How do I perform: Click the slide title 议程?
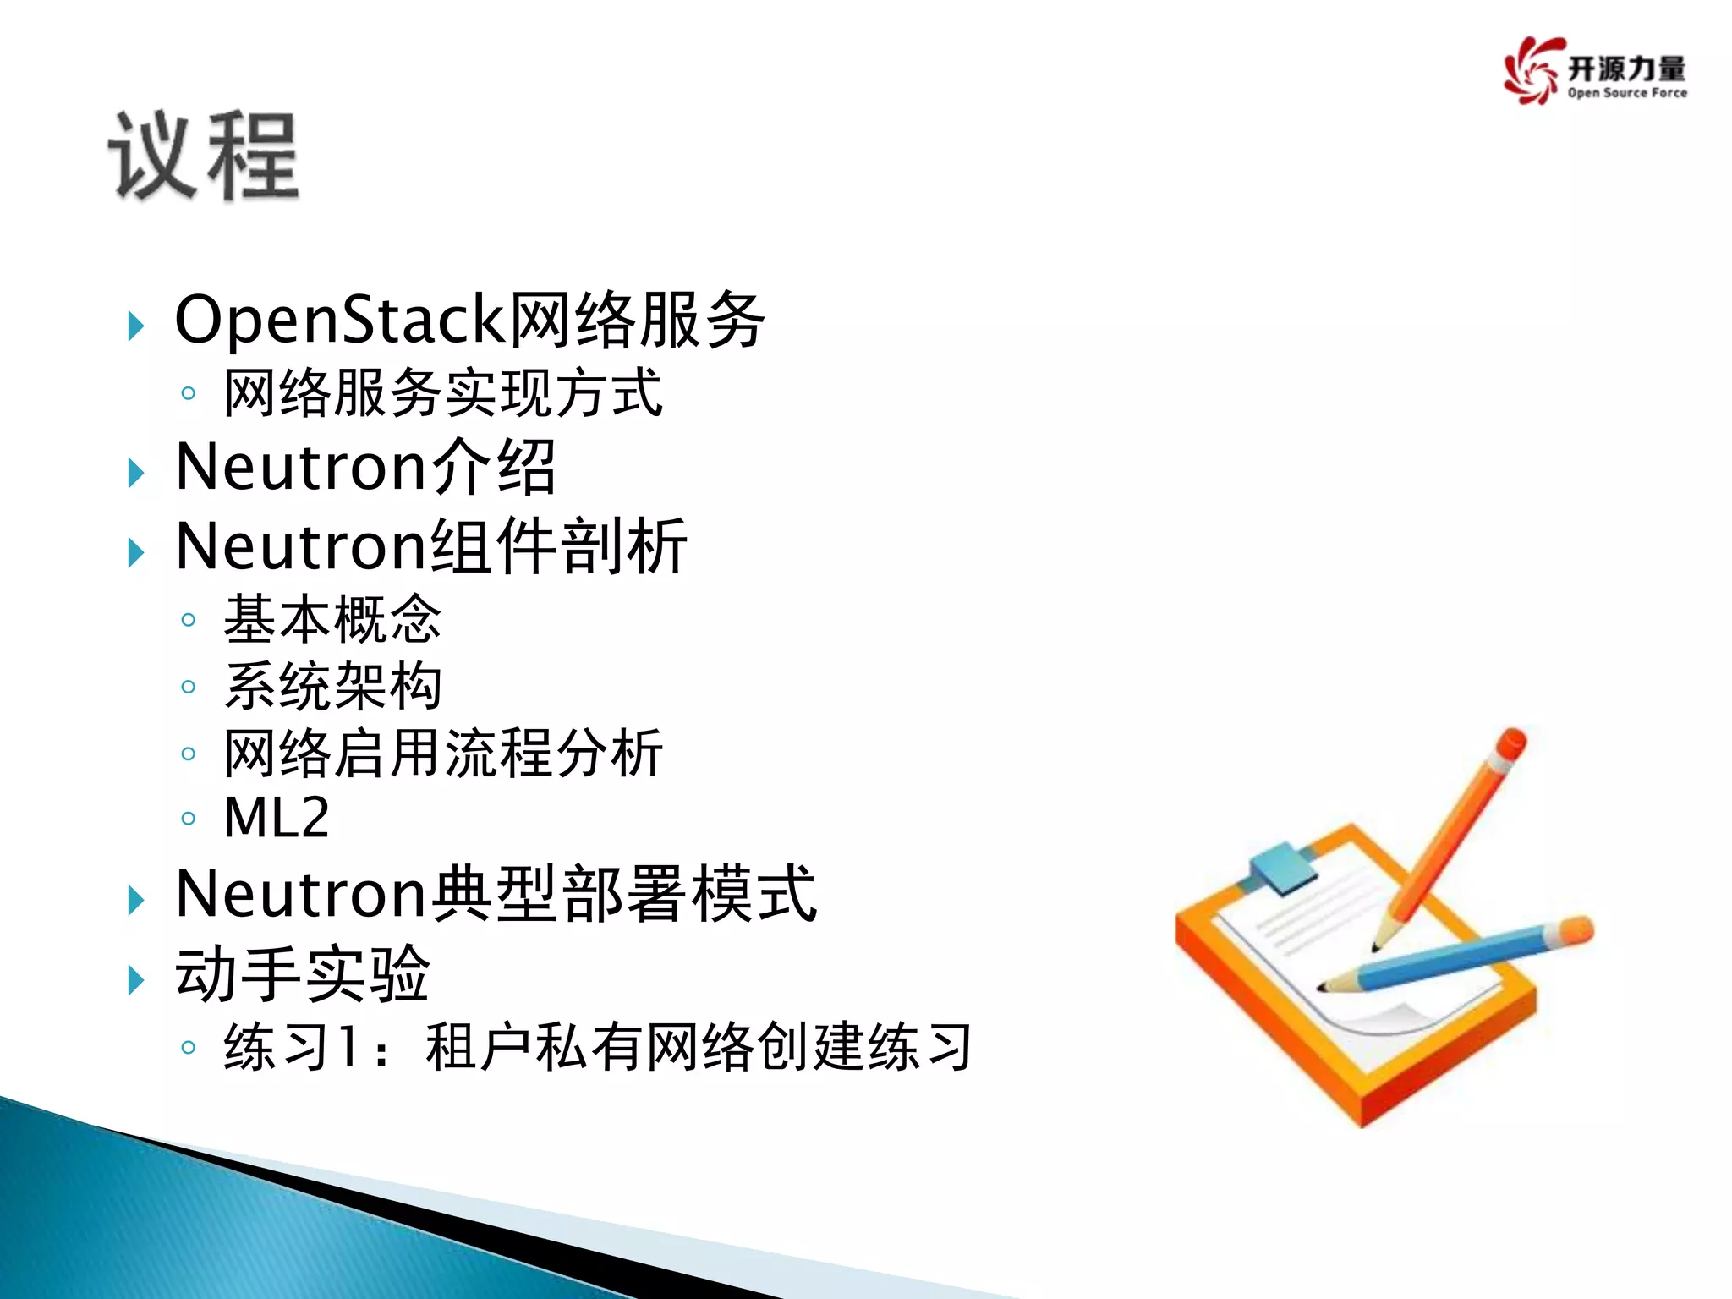tap(204, 157)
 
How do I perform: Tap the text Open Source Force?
tap(1626, 93)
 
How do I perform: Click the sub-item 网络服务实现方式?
tap(442, 393)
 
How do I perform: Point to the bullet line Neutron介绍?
tap(365, 467)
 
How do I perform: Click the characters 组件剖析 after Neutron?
tap(559, 547)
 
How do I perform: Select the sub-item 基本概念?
tap(332, 619)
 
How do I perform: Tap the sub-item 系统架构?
tap(332, 686)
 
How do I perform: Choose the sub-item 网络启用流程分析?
tap(442, 753)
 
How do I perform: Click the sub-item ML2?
tap(277, 818)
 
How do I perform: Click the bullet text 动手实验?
tap(303, 974)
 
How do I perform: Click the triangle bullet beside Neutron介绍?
tap(135, 472)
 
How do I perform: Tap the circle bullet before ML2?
tap(189, 818)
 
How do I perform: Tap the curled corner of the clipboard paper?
tap(1404, 1015)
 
